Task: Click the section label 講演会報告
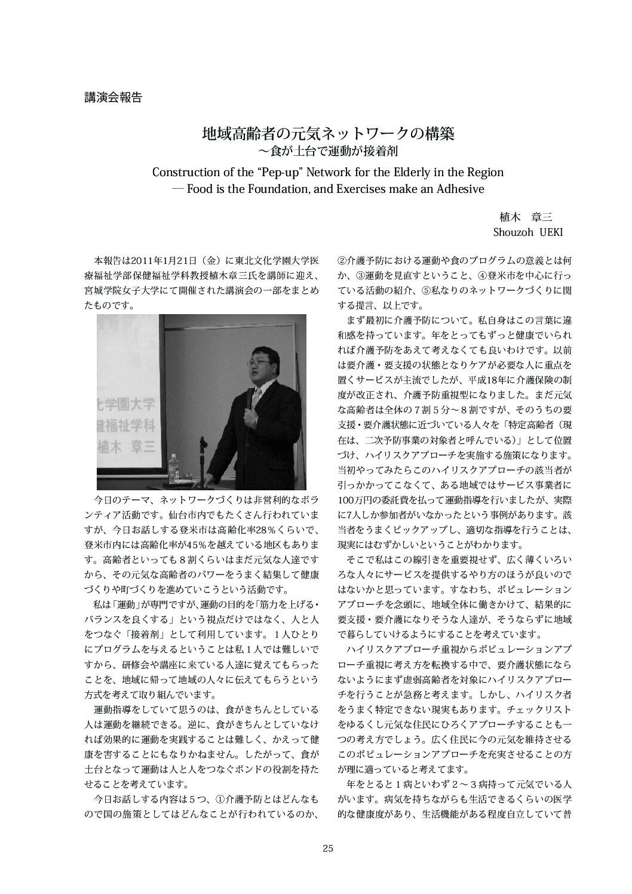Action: [113, 98]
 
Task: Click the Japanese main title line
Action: [328, 133]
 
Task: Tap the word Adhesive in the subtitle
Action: [458, 189]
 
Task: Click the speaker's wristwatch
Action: [254, 422]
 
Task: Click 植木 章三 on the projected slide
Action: [126, 446]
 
